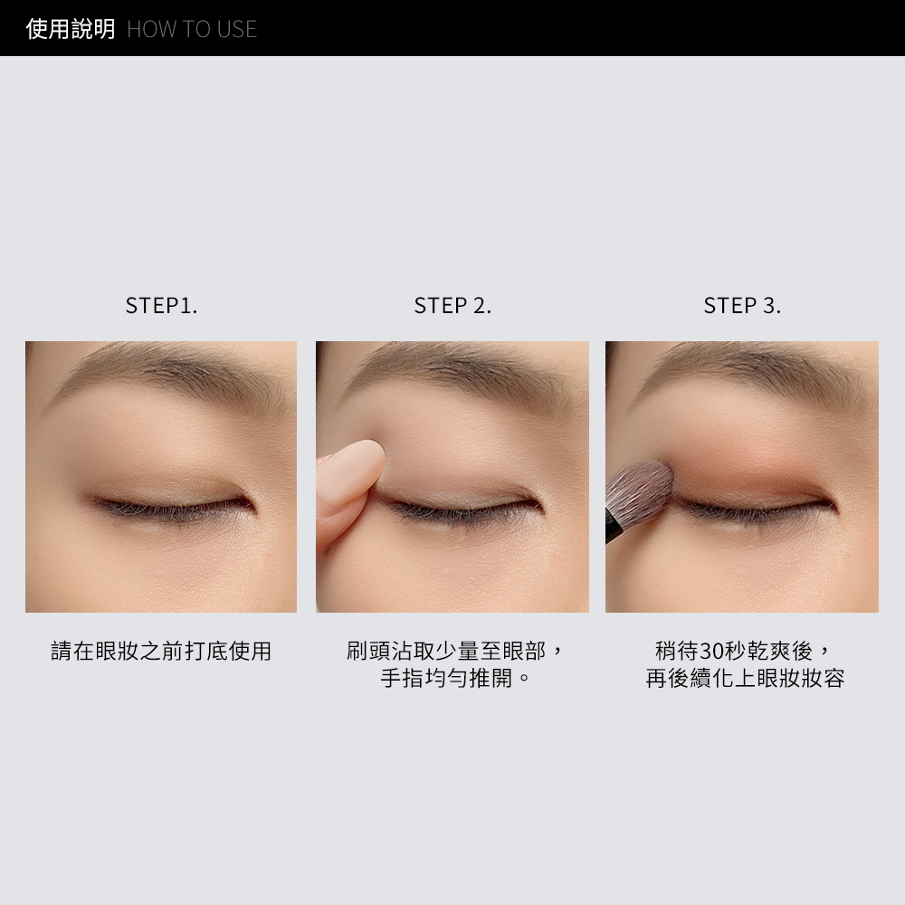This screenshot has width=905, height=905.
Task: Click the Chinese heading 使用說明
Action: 71,29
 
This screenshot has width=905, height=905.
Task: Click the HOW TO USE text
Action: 192,30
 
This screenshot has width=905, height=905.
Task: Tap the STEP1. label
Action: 162,305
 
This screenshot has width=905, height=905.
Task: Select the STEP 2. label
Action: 452,305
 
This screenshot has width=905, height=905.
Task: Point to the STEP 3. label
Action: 742,305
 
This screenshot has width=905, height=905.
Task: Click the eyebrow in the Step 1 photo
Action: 173,372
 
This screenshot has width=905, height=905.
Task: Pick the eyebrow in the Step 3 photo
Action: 750,372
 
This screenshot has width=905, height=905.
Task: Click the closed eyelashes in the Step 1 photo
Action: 173,509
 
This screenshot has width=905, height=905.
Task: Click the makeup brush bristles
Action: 642,491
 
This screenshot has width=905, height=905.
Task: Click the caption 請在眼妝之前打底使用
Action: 161,651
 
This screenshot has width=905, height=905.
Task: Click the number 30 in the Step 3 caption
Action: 711,651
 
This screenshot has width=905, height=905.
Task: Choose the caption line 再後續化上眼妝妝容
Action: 745,678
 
